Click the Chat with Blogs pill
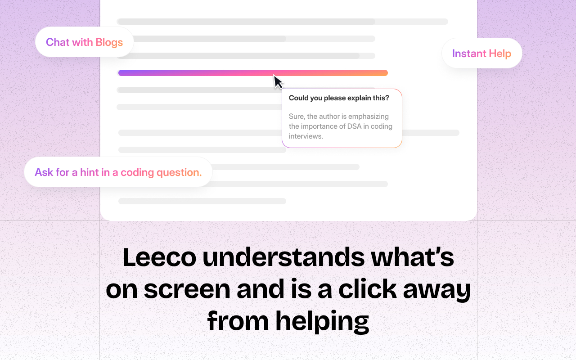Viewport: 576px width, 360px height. (x=84, y=42)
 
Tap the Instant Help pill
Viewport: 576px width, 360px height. (x=481, y=54)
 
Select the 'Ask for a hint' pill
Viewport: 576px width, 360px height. (x=118, y=172)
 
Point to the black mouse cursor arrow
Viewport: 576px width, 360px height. (x=278, y=81)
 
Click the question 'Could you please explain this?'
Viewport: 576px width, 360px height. (x=339, y=98)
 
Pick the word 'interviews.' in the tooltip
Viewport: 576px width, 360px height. (x=306, y=136)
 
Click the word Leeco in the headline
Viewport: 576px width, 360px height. (x=159, y=257)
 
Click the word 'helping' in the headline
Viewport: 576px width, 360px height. (x=322, y=321)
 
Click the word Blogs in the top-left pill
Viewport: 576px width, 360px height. (x=109, y=42)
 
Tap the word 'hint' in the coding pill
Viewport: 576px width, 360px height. (x=90, y=172)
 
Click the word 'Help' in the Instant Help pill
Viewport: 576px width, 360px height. (x=500, y=54)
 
